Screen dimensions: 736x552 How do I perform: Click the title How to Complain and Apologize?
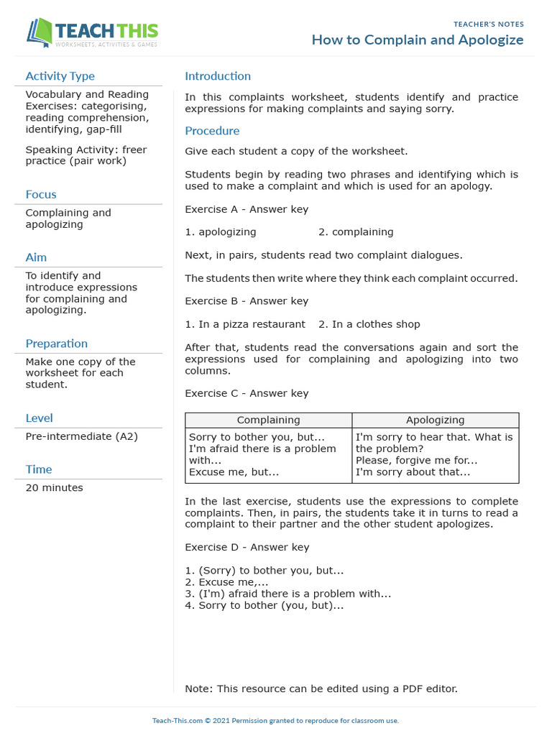[417, 40]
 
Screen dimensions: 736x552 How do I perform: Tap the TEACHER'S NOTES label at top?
[489, 24]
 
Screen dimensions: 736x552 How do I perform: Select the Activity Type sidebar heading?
[60, 76]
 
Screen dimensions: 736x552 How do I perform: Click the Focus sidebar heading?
[40, 194]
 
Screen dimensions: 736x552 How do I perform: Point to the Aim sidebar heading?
[36, 257]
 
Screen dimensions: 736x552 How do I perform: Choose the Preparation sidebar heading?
[56, 344]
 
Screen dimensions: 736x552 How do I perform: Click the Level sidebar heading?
[39, 418]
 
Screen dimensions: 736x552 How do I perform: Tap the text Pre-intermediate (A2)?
[81, 436]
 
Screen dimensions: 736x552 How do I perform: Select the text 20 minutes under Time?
[54, 488]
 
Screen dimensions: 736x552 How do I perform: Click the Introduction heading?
[218, 76]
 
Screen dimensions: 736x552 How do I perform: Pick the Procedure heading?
[212, 131]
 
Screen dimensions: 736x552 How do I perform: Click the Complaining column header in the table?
[268, 420]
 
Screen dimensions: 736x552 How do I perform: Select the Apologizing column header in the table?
[435, 420]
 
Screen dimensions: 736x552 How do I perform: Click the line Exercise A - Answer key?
[247, 209]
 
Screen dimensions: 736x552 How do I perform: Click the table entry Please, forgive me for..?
[416, 461]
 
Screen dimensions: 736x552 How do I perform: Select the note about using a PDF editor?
[321, 689]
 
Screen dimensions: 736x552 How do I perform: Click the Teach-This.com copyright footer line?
[275, 720]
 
